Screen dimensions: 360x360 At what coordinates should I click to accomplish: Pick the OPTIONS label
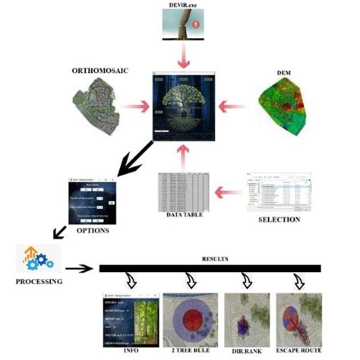click(93, 228)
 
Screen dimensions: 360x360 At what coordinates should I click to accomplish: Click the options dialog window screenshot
click(93, 200)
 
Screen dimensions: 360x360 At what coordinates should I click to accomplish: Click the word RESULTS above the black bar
click(209, 258)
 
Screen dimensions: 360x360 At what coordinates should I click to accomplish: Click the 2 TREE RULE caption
click(191, 351)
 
